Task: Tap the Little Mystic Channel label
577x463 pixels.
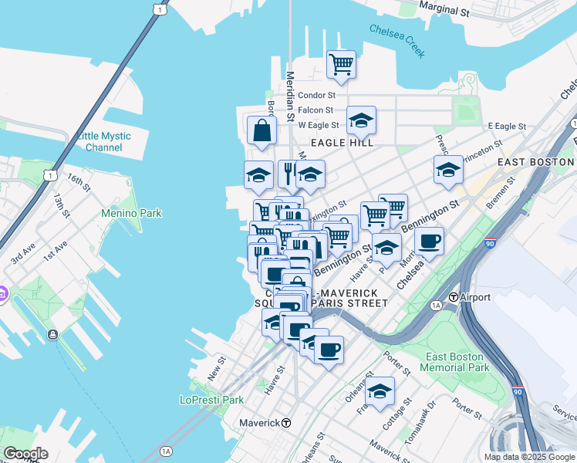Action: [104, 142]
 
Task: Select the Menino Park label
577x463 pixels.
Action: [132, 213]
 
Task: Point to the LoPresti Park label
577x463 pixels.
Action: [211, 400]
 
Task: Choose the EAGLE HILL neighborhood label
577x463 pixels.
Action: [342, 143]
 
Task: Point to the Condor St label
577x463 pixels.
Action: [316, 96]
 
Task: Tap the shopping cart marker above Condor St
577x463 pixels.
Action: [341, 65]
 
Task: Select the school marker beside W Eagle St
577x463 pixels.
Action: [361, 120]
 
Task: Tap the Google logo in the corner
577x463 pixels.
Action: [25, 454]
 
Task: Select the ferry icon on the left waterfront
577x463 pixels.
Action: [52, 334]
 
